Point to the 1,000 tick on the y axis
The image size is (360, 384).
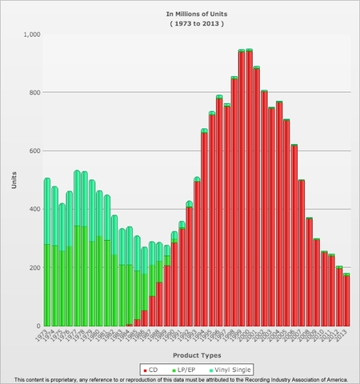pos(29,34)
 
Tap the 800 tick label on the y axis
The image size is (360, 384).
pos(31,93)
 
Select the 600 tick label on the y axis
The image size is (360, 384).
pos(31,151)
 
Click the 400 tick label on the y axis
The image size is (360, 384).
pos(31,210)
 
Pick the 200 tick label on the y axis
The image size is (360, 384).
pos(31,268)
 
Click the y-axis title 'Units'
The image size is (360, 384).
pos(14,180)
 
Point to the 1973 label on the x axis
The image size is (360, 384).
pos(43,335)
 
